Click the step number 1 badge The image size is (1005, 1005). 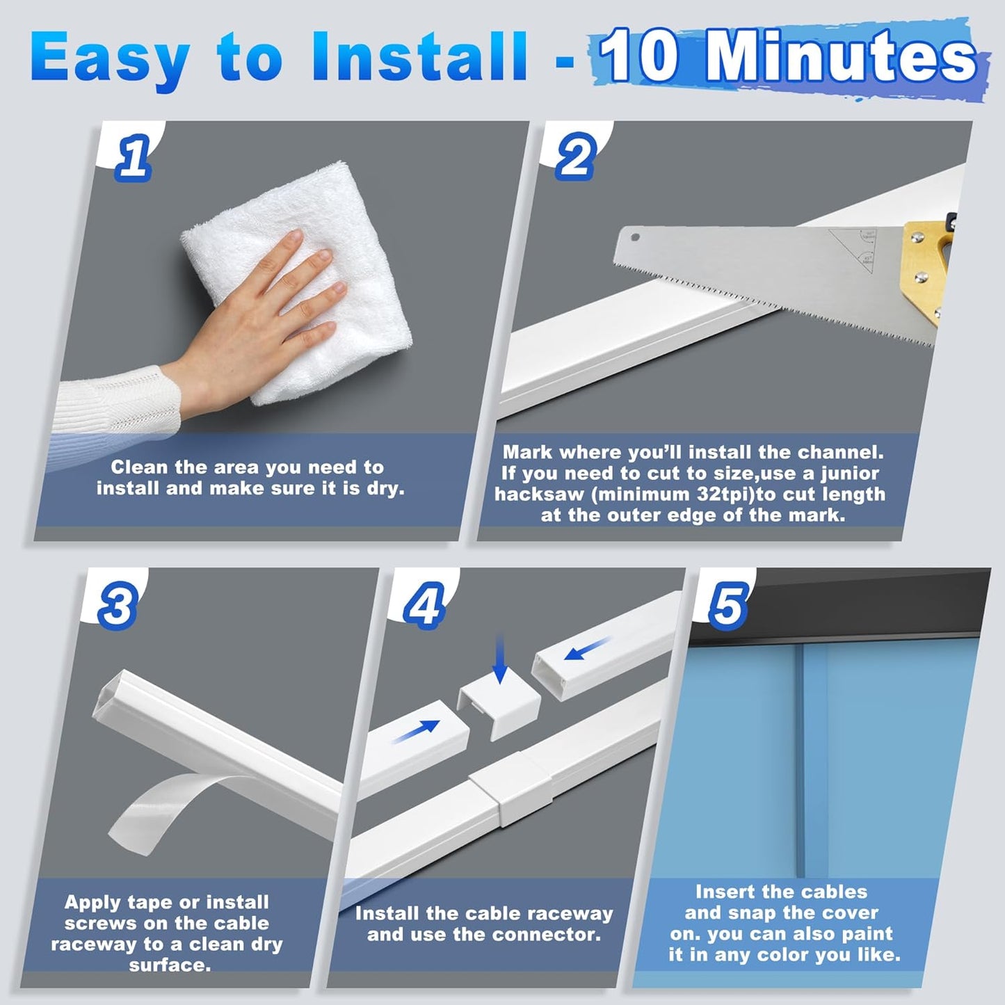133,158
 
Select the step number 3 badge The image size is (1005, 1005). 117,606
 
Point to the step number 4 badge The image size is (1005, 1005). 424,606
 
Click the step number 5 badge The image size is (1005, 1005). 727,604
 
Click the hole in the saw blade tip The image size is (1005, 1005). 634,237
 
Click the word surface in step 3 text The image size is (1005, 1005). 169,965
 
